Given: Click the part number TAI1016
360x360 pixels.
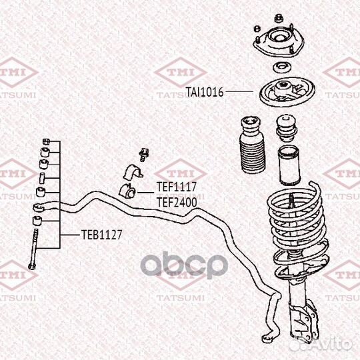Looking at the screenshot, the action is point(205,92).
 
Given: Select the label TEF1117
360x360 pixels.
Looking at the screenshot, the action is point(177,187).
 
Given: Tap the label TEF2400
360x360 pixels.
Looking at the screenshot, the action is point(177,203).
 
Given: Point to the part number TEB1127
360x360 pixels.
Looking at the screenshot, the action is point(102,235).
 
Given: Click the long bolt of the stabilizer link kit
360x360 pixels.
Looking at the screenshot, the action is point(33,249).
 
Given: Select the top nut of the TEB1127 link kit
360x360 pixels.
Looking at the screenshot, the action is point(46,141).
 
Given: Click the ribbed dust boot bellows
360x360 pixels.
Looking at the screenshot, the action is point(252,145).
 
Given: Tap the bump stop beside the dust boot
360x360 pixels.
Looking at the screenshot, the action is point(286,128).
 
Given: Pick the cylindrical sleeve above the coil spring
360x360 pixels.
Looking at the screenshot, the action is point(289,165).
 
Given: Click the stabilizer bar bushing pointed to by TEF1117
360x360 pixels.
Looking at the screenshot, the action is point(127,191).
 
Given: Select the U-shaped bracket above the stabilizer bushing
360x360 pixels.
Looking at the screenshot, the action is point(133,172).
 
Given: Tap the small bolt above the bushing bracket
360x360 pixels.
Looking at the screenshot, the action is point(144,155).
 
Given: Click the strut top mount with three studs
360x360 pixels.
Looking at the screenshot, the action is point(279,41).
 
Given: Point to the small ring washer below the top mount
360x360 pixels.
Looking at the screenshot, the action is point(282,68).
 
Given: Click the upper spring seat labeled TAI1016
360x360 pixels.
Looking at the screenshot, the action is point(287,92).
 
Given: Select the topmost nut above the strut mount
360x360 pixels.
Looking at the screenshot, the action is point(279,18).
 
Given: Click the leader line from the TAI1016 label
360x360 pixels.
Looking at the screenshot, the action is point(239,91).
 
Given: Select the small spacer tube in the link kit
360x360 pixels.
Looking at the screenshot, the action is point(42,178).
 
